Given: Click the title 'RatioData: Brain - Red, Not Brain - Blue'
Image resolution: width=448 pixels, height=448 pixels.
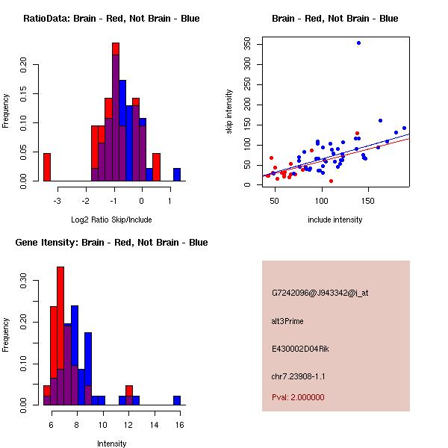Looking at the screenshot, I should tap(111, 19).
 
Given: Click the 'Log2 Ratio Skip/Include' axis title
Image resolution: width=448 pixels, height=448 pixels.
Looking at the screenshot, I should tap(111, 220).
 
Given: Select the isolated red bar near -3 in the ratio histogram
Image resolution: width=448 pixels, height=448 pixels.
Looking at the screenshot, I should tap(46, 167).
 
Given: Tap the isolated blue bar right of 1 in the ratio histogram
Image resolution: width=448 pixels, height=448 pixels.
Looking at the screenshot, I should tap(177, 174).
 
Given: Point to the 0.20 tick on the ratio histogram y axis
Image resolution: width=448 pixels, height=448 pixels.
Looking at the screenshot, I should tap(23, 65).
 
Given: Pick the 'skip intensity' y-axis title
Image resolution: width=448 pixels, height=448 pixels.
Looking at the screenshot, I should tap(229, 112).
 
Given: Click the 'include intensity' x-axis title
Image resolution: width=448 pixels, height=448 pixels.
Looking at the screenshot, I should tap(335, 220).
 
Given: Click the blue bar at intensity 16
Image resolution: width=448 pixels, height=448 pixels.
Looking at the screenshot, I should tap(177, 400).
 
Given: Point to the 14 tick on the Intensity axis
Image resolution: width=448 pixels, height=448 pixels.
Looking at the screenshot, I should tap(154, 424).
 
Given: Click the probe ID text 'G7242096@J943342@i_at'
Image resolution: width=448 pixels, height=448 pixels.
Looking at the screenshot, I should tap(320, 293).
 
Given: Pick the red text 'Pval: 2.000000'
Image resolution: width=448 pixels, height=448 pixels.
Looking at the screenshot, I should tap(298, 397).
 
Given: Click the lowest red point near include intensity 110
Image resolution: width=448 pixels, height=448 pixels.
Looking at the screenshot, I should tap(331, 181).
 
